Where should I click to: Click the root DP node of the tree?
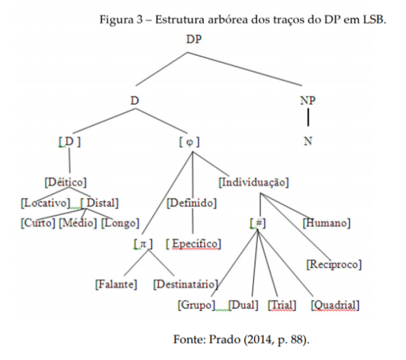(x=194, y=39)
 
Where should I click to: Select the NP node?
(x=308, y=101)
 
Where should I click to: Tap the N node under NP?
(x=308, y=141)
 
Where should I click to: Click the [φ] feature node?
(x=189, y=142)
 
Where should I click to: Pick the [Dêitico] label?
(x=65, y=182)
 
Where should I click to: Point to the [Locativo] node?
(x=46, y=203)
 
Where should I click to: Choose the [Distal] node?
(x=99, y=203)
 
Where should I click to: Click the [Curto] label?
(x=38, y=223)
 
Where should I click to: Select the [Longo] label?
(x=120, y=223)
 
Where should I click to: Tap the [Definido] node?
(x=192, y=203)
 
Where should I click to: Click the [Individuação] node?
(x=254, y=183)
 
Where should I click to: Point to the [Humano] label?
(x=326, y=223)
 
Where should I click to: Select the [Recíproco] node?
(x=334, y=265)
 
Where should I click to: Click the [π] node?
(x=143, y=244)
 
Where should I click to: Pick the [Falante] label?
(x=116, y=285)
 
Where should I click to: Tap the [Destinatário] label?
(x=186, y=285)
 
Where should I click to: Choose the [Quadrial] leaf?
(x=335, y=305)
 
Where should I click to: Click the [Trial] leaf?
(x=282, y=305)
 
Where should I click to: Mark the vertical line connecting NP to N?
(x=308, y=117)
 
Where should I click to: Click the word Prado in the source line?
(x=225, y=340)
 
